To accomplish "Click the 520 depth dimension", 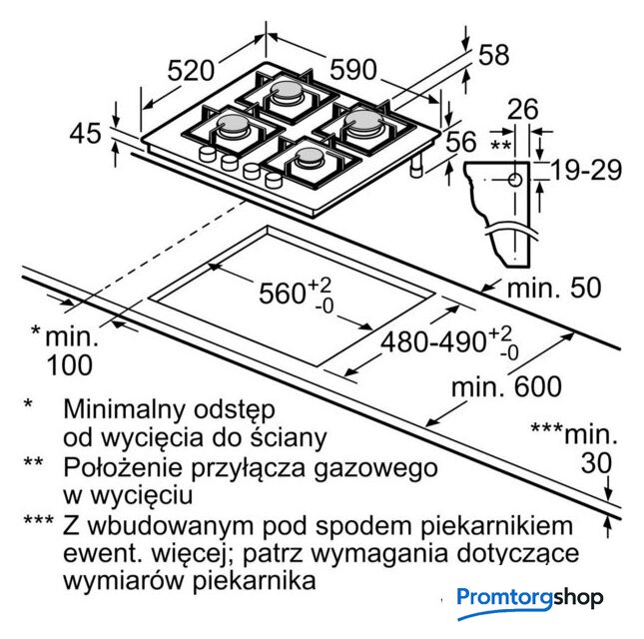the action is click(x=191, y=70).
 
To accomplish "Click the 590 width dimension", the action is click(x=353, y=70).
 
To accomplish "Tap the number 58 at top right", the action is click(x=494, y=54).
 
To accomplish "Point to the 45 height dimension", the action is click(x=85, y=133).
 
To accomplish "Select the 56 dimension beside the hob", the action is click(x=461, y=141).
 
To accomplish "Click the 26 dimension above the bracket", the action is click(x=522, y=109).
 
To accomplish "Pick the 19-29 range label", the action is click(x=586, y=170).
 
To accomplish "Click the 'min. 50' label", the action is click(x=554, y=288).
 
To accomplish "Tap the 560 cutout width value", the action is click(x=283, y=294).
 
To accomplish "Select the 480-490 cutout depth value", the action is click(x=433, y=342).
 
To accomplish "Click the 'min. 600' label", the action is click(x=506, y=386).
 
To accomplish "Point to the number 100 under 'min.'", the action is click(x=70, y=364).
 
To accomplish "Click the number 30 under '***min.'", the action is click(x=596, y=463).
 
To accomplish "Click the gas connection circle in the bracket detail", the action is click(x=515, y=180).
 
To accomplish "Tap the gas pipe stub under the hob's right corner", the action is click(x=417, y=167).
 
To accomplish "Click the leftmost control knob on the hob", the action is click(x=207, y=155).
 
